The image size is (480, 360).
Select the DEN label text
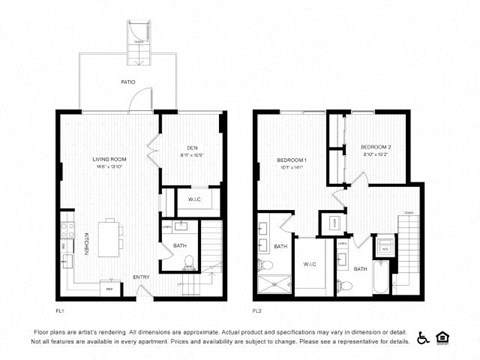click(x=193, y=149)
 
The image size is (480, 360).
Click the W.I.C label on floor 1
click(x=194, y=200)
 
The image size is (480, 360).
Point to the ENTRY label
click(x=141, y=277)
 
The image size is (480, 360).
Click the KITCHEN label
click(x=86, y=243)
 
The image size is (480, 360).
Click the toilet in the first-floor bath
click(x=189, y=264)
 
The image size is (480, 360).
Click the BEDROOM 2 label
click(x=375, y=148)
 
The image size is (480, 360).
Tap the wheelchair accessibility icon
click(x=423, y=338)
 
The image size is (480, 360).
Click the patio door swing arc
click(x=146, y=99)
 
